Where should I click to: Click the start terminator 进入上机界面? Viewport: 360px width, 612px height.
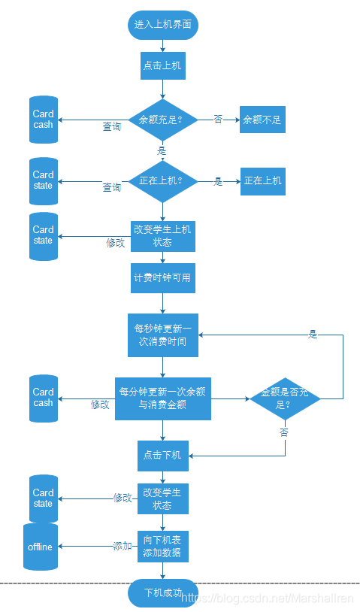click(x=163, y=25)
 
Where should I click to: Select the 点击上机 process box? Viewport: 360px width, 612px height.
click(x=163, y=65)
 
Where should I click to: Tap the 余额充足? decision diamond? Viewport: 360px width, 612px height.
click(x=163, y=120)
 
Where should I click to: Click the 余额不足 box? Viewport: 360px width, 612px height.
click(x=262, y=120)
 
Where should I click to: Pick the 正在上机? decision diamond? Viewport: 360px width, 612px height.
click(x=163, y=181)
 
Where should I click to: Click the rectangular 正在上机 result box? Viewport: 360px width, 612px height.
click(x=263, y=181)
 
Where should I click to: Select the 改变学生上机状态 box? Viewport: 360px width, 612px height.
click(x=163, y=237)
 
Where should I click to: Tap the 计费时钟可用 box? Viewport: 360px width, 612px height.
click(x=163, y=278)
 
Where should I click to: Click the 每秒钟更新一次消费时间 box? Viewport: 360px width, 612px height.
click(x=163, y=335)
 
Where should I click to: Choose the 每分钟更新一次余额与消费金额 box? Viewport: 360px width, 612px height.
click(x=163, y=398)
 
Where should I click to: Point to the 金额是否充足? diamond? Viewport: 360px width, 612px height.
click(x=285, y=398)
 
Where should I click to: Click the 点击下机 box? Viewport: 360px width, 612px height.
click(x=163, y=456)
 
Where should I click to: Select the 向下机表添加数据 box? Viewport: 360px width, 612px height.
click(x=163, y=547)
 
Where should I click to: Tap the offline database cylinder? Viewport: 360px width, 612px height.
click(x=41, y=547)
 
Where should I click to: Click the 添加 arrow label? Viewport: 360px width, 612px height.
click(x=123, y=546)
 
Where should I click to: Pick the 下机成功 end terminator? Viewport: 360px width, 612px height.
click(x=163, y=593)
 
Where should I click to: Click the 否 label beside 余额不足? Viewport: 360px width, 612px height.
click(x=218, y=119)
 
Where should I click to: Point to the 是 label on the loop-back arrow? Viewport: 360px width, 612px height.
click(x=313, y=334)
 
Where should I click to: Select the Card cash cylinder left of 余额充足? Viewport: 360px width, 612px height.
click(x=44, y=120)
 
